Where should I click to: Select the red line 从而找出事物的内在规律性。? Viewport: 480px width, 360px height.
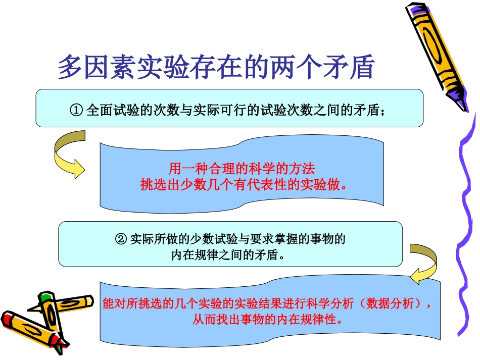pyautogui.click(x=268, y=320)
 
